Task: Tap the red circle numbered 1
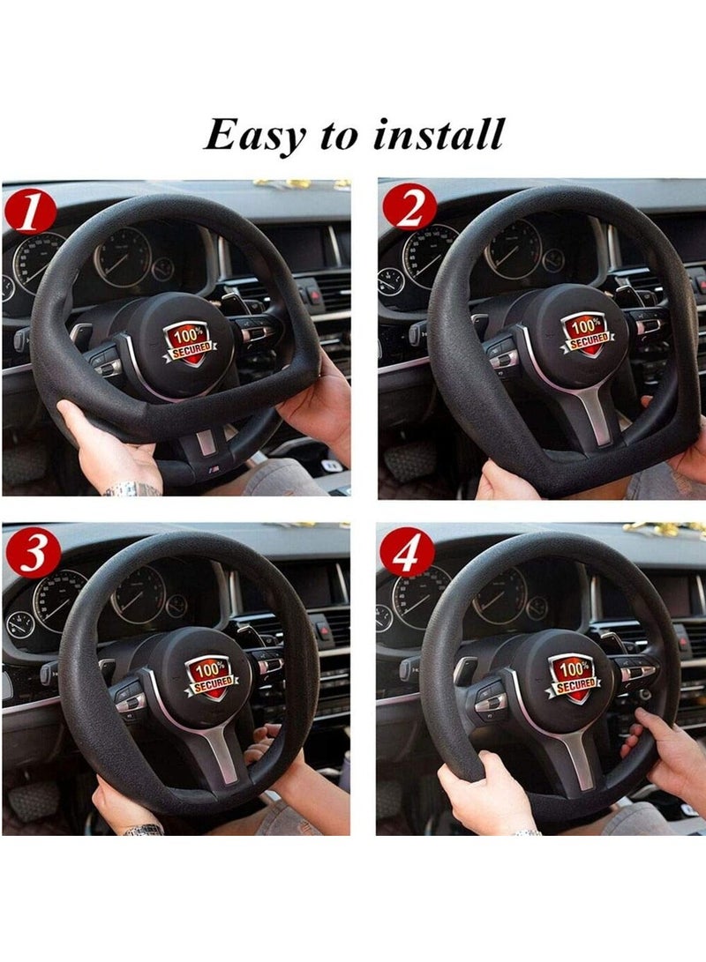[x=29, y=212]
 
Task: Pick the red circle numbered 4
[x=407, y=554]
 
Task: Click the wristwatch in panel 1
[x=132, y=488]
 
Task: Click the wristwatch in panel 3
[x=143, y=830]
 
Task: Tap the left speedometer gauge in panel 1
[x=38, y=262]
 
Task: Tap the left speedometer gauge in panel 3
[x=59, y=600]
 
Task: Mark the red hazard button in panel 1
[x=313, y=295]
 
